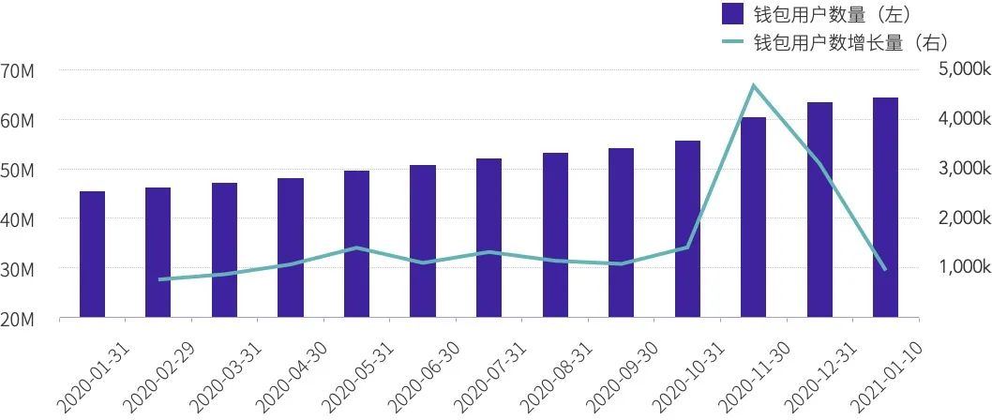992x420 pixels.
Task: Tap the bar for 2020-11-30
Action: (x=753, y=217)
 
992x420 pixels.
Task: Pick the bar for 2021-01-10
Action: (x=885, y=207)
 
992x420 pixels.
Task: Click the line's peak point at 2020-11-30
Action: (x=753, y=86)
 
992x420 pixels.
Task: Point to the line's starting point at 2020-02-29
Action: (x=158, y=279)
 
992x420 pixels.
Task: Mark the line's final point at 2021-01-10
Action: (x=885, y=269)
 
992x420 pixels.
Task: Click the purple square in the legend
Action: (x=733, y=14)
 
